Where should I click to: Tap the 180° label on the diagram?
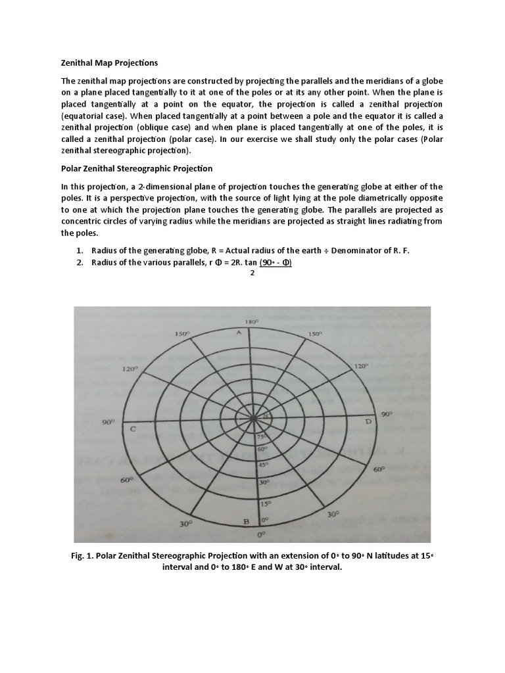click(x=251, y=323)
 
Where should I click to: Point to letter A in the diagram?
click(x=239, y=333)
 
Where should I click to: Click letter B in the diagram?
click(x=247, y=521)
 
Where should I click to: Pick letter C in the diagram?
click(x=133, y=429)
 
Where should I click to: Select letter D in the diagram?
click(x=369, y=421)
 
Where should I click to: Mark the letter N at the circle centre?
click(x=266, y=417)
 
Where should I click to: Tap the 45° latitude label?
click(x=262, y=465)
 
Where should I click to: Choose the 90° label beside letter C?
click(x=108, y=423)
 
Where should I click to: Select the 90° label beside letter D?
click(x=386, y=414)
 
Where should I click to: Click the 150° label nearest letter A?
click(x=182, y=335)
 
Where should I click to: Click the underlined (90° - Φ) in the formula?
click(x=276, y=263)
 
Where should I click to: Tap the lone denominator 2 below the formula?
click(x=252, y=273)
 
